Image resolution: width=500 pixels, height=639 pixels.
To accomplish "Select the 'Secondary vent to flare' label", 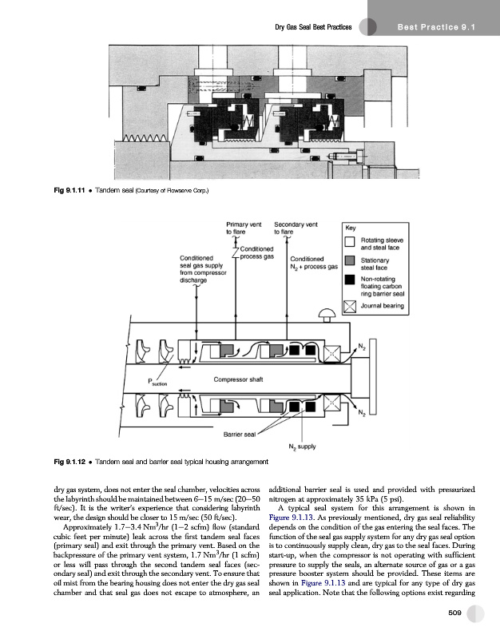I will (x=296, y=229).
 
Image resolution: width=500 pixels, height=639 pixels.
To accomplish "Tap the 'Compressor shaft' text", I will (x=240, y=379).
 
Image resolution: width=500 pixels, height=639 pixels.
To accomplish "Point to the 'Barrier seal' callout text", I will (x=240, y=435).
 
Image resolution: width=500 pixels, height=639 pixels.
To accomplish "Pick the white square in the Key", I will (x=351, y=242).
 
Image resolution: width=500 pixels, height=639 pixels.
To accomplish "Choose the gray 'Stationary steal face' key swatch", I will (x=351, y=263).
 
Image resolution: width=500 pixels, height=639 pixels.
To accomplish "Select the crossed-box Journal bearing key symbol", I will (x=351, y=304).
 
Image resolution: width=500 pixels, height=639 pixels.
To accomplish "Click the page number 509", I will (x=455, y=613).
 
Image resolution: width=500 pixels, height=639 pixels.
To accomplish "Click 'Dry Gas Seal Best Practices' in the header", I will (x=313, y=28).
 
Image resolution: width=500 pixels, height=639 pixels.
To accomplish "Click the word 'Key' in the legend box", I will (x=351, y=227).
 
